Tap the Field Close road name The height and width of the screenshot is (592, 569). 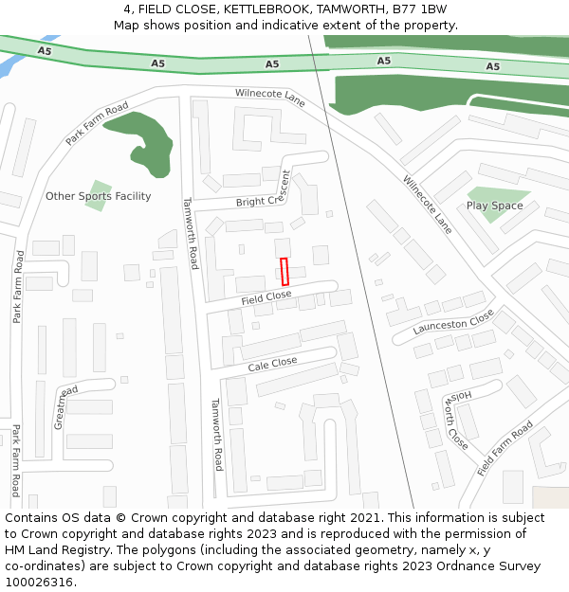point(266,297)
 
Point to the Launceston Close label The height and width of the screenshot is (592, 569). point(453,323)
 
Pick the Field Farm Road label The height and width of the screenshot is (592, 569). point(505,448)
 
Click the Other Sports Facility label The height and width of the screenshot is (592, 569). point(99,196)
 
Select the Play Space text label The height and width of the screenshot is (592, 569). point(494,206)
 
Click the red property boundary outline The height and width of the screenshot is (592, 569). point(284,272)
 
